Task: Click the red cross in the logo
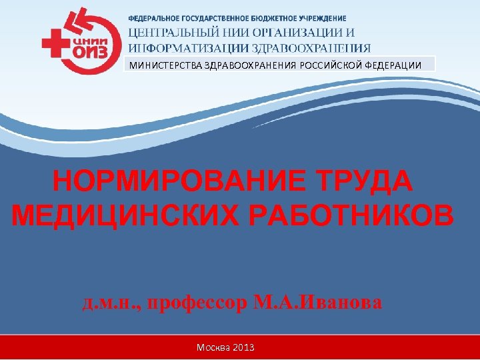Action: (53, 45)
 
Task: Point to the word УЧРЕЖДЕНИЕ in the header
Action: (322, 18)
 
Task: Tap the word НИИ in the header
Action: (225, 32)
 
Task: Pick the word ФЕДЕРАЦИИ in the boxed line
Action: (393, 65)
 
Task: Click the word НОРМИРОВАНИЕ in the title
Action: (177, 182)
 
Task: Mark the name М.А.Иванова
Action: (318, 303)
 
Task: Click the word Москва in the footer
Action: (213, 348)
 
